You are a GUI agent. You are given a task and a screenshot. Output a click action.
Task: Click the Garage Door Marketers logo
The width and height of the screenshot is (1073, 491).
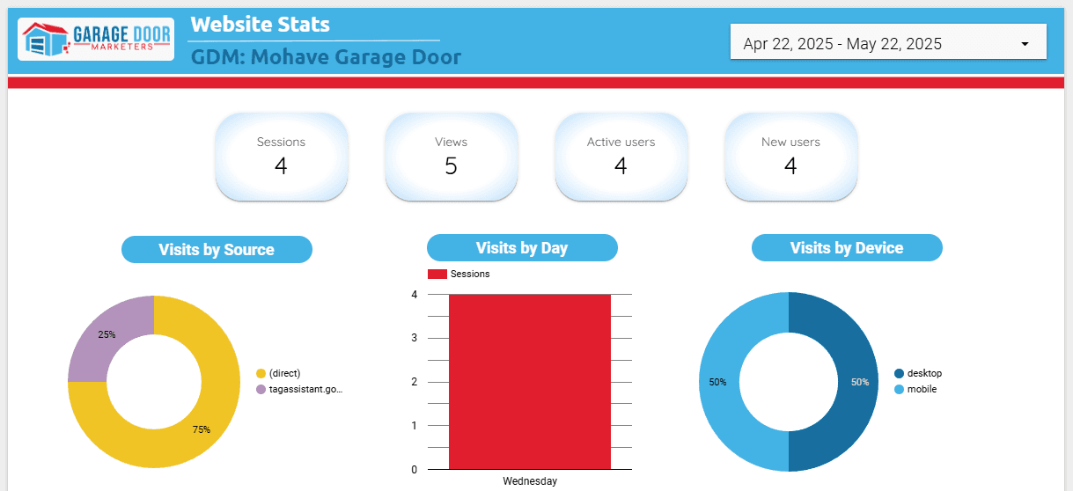(96, 40)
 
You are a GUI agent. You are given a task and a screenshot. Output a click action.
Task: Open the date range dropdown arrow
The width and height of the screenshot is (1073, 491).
(1025, 44)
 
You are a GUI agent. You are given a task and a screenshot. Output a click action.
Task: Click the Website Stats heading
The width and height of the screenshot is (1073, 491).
(260, 24)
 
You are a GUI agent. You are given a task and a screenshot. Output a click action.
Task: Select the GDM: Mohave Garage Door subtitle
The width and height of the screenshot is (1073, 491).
(326, 58)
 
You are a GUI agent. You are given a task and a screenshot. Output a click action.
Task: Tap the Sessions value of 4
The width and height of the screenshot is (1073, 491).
(281, 165)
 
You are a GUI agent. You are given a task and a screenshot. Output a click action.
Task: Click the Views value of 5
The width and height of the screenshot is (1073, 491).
(451, 165)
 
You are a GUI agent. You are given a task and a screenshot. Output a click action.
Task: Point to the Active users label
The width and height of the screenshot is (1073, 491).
(621, 142)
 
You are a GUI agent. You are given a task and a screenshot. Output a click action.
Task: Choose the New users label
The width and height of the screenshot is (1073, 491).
(790, 142)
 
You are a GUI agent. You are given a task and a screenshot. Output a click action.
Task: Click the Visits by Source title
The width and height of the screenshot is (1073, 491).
(217, 250)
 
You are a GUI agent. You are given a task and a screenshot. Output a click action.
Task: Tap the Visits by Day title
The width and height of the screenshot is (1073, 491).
(522, 248)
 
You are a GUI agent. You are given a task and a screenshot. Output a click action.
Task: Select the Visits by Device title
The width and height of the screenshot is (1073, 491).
(847, 248)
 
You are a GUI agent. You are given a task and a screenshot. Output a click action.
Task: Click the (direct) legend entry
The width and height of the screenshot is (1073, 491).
(284, 373)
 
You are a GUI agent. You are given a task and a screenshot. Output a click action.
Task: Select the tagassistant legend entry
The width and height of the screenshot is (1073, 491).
(305, 389)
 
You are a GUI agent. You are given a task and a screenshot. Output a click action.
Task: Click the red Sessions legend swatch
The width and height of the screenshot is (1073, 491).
(437, 274)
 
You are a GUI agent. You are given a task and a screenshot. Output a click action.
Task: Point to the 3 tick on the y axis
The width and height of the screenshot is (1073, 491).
(414, 338)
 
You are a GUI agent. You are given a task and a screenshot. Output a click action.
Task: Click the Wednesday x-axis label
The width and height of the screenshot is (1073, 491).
(530, 481)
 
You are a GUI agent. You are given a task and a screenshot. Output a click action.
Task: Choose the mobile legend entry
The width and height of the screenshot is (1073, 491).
(922, 389)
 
